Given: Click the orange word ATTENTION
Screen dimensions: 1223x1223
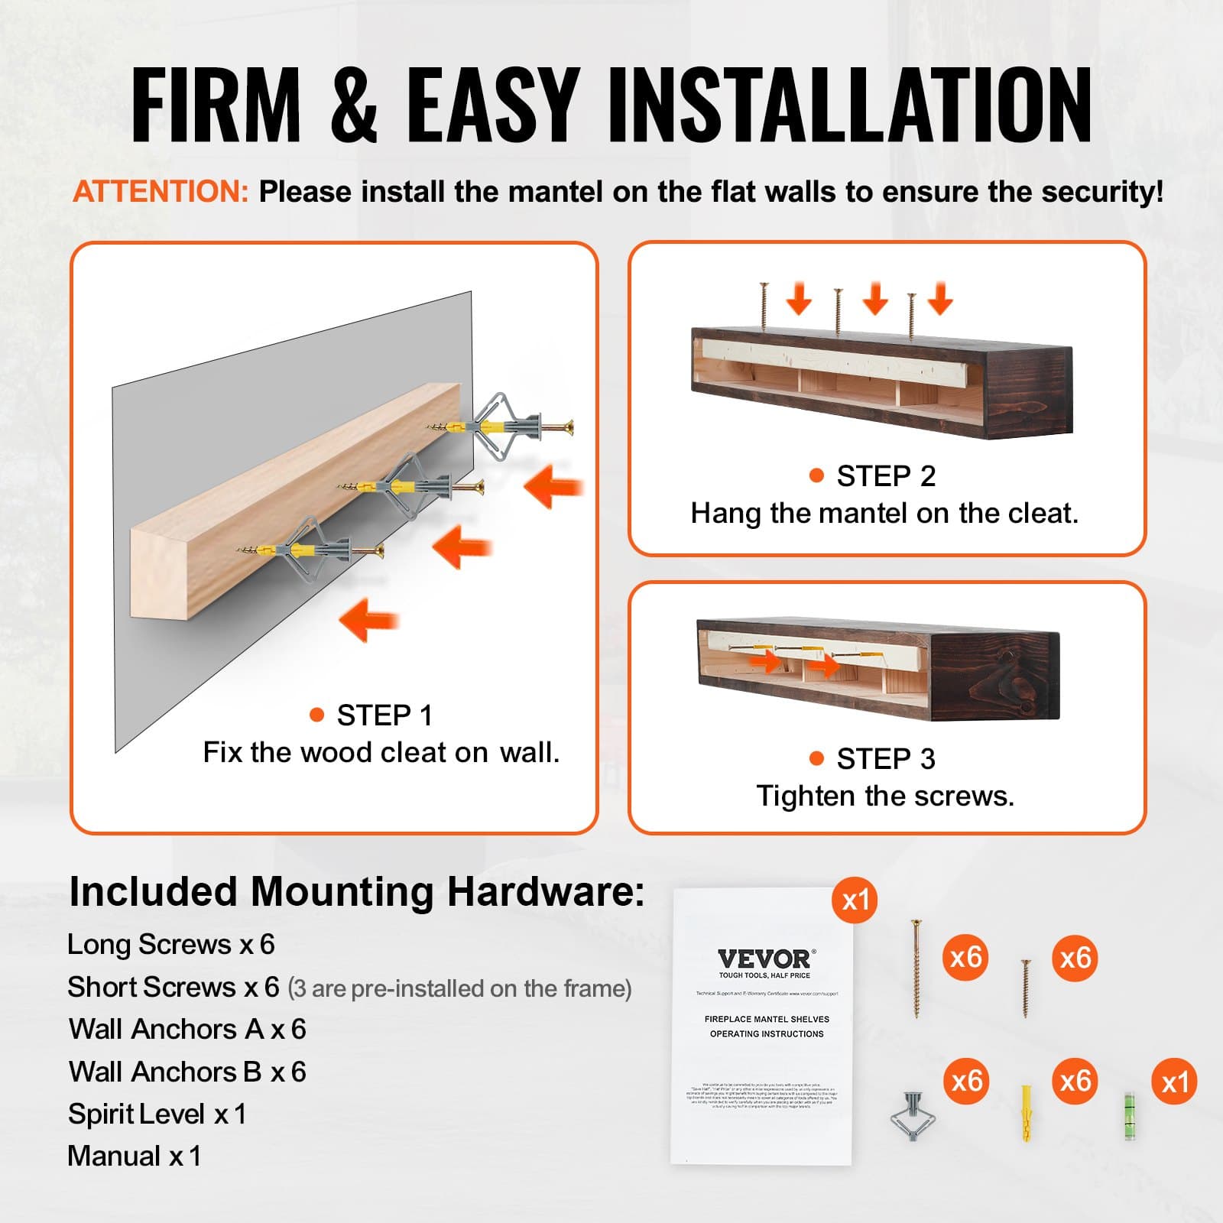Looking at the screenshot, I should click(x=161, y=192).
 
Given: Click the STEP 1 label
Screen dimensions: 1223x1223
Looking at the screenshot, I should click(x=384, y=715).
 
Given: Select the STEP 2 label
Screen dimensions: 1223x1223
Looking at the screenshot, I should click(x=885, y=476).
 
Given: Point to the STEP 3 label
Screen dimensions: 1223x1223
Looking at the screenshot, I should click(x=885, y=759).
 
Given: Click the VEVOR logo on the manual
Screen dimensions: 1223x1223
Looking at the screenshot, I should click(x=766, y=959).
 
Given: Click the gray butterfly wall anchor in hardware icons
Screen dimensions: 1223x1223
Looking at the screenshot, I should click(x=913, y=1117).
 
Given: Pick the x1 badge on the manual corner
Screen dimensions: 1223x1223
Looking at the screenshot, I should click(x=855, y=900).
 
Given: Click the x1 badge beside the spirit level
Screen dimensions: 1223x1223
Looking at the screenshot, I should click(x=1174, y=1082).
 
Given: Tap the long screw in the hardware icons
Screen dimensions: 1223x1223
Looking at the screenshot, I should click(x=916, y=968).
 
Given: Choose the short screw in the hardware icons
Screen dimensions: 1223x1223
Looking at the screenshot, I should click(x=1026, y=989).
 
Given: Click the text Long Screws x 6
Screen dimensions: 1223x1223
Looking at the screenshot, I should click(x=171, y=945).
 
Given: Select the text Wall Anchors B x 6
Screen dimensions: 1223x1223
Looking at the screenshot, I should click(x=187, y=1072).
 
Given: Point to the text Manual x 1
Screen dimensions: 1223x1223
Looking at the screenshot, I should click(x=135, y=1156).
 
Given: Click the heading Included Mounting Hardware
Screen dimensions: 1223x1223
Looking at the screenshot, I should click(x=357, y=891).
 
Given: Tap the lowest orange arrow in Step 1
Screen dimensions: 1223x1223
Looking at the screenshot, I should click(x=368, y=619).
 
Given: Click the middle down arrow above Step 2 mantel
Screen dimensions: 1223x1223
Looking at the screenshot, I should click(x=875, y=298).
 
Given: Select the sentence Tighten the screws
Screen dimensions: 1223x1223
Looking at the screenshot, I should click(x=885, y=796).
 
